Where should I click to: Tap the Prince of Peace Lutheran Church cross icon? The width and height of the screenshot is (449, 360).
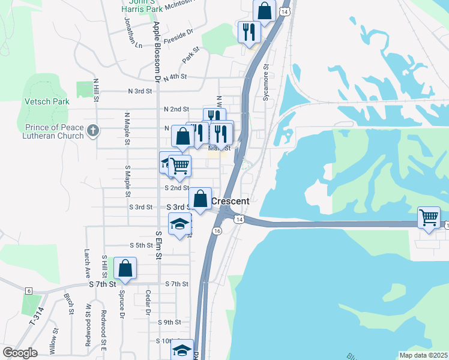(x=92, y=130)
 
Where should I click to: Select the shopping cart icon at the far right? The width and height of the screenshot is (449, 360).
(x=429, y=217)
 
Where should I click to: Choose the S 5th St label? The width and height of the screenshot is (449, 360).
(x=142, y=245)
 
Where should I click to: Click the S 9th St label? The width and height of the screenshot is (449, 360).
(x=169, y=322)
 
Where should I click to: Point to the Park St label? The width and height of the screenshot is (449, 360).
(x=190, y=56)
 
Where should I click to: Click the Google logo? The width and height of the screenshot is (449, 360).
(x=20, y=353)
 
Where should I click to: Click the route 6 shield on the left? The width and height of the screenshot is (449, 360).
(x=28, y=291)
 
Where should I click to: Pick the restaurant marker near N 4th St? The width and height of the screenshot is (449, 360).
(x=249, y=32)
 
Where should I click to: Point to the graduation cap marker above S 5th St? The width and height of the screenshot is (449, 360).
(x=178, y=224)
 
